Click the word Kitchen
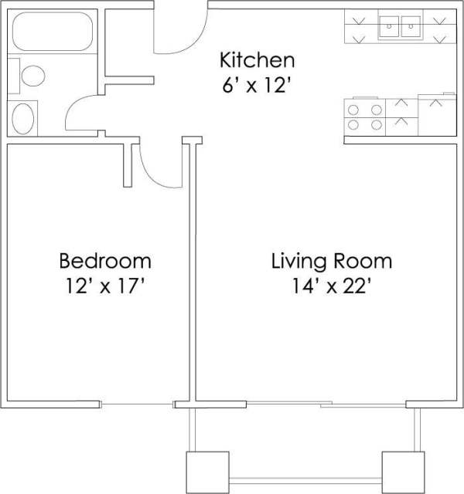click(258, 59)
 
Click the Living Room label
click(331, 260)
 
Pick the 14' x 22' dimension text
click(331, 287)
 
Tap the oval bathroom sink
click(25, 118)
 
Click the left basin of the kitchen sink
click(388, 28)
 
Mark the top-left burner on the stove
click(355, 109)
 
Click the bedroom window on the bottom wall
click(138, 404)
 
